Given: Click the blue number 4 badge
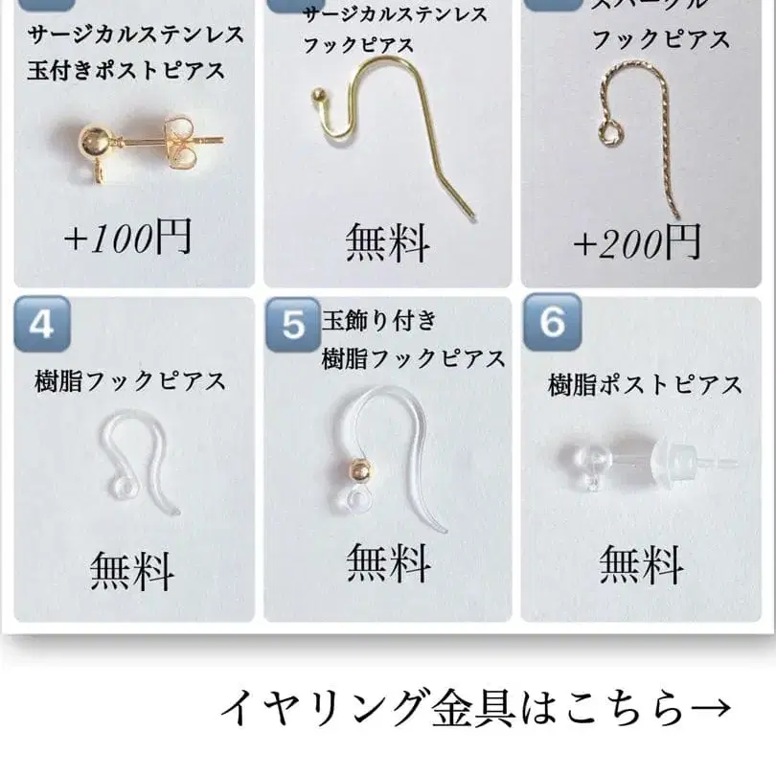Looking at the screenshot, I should pos(41,326).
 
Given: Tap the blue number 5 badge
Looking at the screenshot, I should pos(293,326).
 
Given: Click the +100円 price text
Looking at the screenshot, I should pos(128,238).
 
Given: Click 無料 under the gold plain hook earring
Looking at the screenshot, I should pos(388,243).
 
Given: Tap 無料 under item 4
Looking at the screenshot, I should pos(132,572).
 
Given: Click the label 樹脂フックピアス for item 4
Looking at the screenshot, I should pos(129,381).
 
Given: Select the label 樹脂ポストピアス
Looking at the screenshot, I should pos(645,385).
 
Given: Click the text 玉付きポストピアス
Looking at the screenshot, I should pos(127,70).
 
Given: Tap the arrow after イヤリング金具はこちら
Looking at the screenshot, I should pos(710,709).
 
